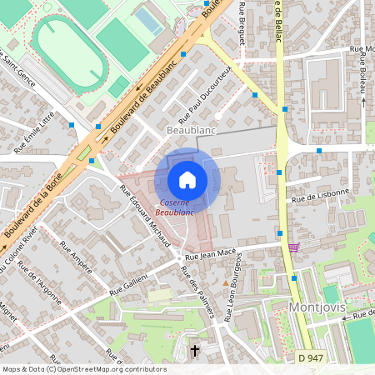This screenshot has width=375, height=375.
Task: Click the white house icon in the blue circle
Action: pos(187,179)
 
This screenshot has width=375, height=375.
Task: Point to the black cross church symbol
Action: pos(195,351)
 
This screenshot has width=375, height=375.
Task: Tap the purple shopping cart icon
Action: pos(293,247)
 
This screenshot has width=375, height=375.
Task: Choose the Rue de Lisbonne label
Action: pos(319,196)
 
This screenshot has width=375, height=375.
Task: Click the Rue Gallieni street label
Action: pos(127,284)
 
